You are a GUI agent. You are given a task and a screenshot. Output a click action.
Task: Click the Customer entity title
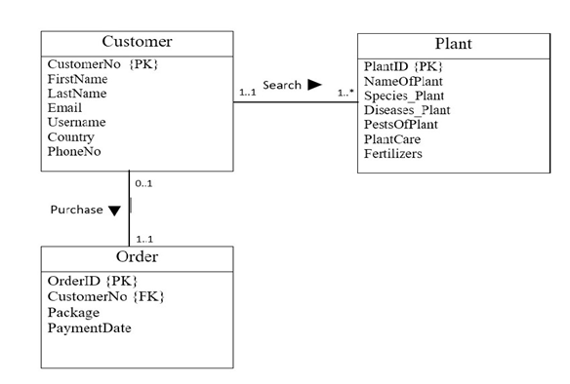coord(137,42)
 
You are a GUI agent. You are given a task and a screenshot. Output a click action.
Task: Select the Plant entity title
coord(453,45)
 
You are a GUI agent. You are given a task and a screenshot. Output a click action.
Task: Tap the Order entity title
coord(137,257)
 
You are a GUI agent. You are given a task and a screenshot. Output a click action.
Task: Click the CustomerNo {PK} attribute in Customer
coord(102,64)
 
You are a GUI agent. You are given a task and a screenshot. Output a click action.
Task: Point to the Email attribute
coord(65,108)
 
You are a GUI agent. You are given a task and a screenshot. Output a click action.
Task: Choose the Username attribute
coord(76,123)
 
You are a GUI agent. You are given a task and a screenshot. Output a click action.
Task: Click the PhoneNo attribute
coord(75,152)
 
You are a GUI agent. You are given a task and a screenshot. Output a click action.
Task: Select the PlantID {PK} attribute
coord(403,66)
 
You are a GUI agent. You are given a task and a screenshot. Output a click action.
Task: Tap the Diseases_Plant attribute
coord(407,110)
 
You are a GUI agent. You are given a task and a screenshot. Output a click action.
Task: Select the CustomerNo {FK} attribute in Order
coord(102,296)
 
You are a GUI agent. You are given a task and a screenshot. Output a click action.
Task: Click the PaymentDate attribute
coord(89,328)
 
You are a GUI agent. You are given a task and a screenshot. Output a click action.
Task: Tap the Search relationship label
coord(282,85)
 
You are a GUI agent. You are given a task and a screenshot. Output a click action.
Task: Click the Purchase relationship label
coord(76,210)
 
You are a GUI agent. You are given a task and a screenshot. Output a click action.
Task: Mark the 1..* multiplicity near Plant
coord(345,94)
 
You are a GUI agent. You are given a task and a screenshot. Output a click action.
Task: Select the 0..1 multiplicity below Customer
coord(144,182)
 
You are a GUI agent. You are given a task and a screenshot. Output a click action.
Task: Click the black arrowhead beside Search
coord(314,85)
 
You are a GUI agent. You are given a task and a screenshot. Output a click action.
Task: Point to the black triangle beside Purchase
coord(114,211)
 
